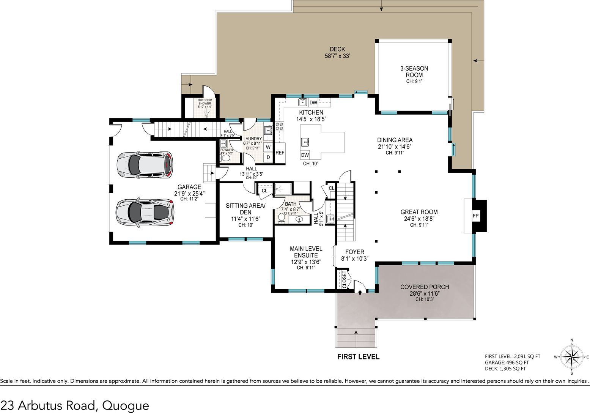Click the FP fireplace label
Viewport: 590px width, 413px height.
475,216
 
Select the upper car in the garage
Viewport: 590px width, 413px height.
145,165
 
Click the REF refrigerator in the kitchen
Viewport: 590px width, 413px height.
280,153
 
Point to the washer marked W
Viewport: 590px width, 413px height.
268,147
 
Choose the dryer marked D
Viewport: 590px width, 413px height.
268,158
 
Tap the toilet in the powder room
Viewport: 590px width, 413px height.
225,158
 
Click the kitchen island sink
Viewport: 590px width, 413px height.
305,142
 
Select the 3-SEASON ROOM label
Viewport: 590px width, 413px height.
414,72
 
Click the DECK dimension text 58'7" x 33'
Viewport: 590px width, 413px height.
337,56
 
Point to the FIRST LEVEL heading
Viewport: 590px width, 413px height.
359,357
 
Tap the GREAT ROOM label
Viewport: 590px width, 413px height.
419,212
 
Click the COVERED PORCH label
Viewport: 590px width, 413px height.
425,287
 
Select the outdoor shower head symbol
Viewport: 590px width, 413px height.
207,115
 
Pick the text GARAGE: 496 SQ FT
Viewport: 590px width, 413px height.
507,363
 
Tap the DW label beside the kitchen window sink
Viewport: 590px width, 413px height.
313,102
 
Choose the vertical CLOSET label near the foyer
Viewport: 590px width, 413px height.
344,279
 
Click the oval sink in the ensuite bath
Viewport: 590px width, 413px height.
300,219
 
